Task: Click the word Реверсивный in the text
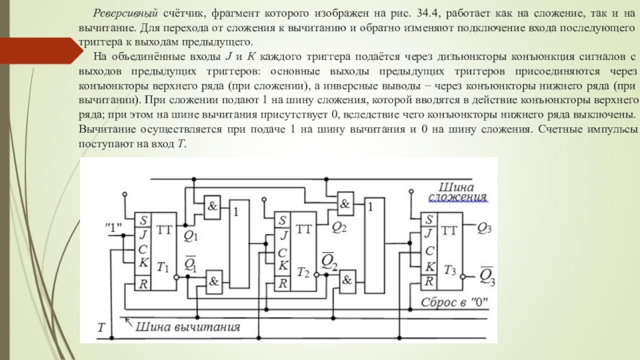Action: tap(126, 14)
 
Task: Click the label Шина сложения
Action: tap(457, 192)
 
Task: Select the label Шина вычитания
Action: tap(187, 326)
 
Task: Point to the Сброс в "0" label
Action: tap(454, 302)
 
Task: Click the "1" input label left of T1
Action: tap(113, 228)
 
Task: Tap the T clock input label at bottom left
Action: tap(102, 327)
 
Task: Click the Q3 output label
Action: tap(484, 228)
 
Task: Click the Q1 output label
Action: tap(190, 235)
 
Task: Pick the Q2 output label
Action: tap(338, 227)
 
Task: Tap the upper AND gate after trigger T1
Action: tap(212, 206)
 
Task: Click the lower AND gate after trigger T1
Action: tap(214, 282)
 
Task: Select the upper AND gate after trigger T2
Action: tap(346, 204)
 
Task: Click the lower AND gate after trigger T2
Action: tap(347, 281)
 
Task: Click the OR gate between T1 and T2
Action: tap(239, 244)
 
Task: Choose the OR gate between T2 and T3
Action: tap(374, 246)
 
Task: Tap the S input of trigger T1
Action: tap(143, 221)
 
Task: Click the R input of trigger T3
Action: tap(429, 282)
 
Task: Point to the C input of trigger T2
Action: tap(282, 253)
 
